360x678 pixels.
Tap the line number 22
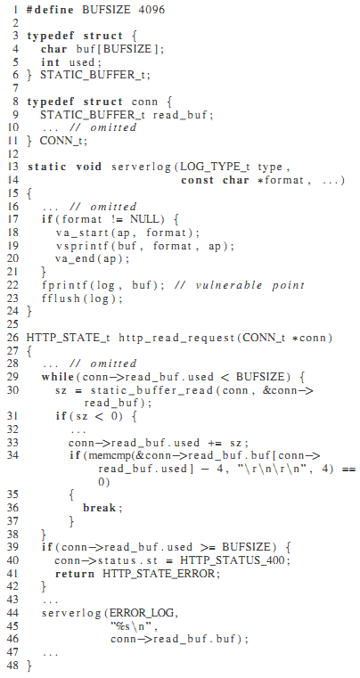[x=12, y=285]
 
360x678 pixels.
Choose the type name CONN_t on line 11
[x=60, y=141]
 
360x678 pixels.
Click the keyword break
[x=99, y=507]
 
